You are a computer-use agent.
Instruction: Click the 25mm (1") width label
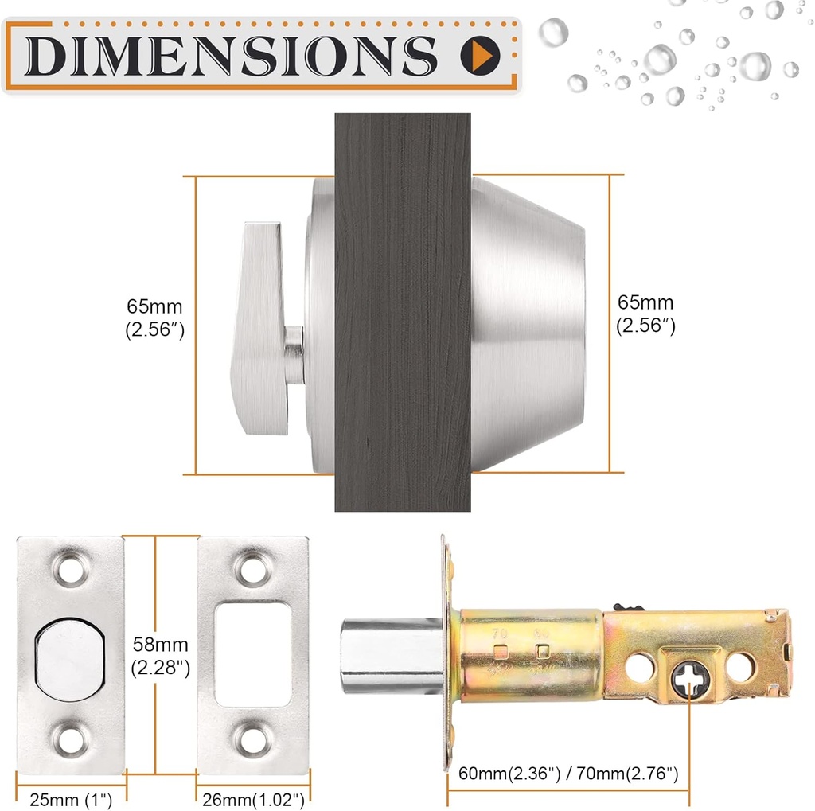70,797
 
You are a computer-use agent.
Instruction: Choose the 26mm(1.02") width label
252,797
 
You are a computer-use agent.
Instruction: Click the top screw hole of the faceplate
69,568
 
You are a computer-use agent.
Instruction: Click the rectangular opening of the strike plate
252,654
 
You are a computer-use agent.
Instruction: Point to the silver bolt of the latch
390,654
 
